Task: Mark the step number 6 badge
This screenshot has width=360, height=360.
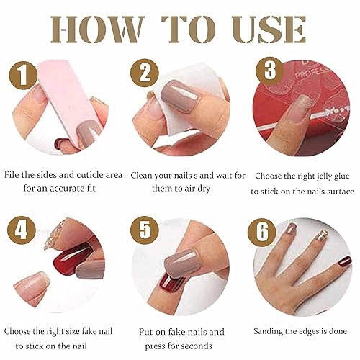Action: (261, 233)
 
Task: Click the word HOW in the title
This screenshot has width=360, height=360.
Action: (100, 30)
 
